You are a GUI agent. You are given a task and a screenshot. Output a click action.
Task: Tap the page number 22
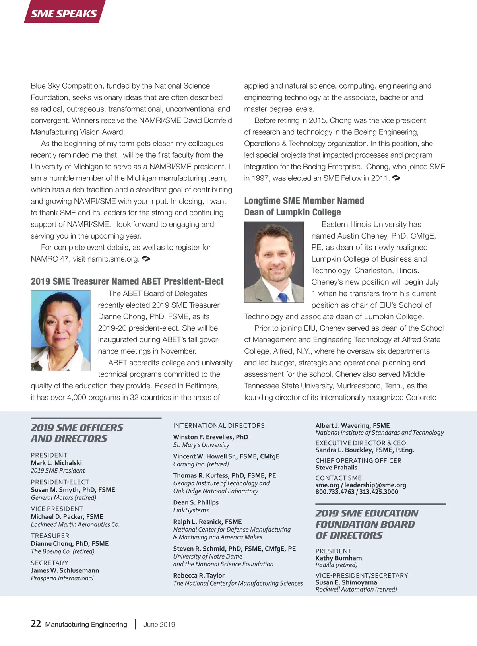[x=36, y=623]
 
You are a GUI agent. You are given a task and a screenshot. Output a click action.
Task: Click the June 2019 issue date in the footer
[x=159, y=624]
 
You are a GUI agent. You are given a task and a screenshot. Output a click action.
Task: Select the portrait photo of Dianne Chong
[x=60, y=330]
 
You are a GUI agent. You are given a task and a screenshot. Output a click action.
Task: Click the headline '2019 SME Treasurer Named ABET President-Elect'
[x=127, y=281]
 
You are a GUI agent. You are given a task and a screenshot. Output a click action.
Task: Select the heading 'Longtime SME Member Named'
[x=304, y=201]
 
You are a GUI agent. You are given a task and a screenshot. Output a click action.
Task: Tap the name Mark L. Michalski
[x=56, y=463]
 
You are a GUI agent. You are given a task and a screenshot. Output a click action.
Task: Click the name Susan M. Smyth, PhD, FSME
[x=73, y=490]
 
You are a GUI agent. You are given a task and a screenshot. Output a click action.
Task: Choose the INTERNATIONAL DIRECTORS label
[x=219, y=425]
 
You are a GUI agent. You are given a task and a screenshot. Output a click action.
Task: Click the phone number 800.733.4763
[x=335, y=492]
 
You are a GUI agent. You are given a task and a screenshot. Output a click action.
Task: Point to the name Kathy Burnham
[x=339, y=558]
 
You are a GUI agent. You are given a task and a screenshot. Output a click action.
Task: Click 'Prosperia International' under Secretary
[x=62, y=578]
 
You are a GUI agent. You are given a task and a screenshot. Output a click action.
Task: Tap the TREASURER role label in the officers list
[x=50, y=536]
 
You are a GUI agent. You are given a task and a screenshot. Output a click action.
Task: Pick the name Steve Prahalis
[x=336, y=468]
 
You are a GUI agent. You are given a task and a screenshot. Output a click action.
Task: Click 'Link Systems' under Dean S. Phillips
[x=191, y=510]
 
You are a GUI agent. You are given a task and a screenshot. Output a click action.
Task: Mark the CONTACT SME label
[x=339, y=478]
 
